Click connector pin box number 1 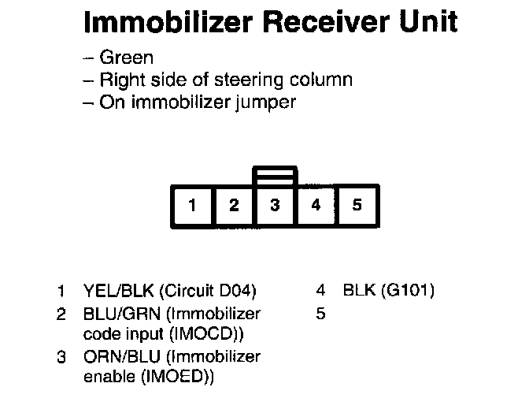(193, 206)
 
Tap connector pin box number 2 (234, 206)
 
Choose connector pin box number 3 (275, 206)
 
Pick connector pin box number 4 (316, 206)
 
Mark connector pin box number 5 (357, 206)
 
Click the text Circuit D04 (208, 291)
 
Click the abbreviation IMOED (176, 378)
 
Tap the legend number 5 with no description (320, 313)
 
